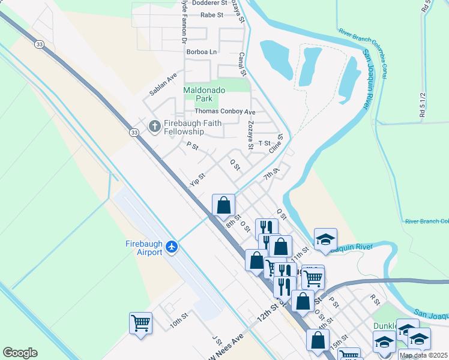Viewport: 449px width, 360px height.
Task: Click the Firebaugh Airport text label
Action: point(144,248)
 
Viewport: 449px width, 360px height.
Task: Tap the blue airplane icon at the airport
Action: point(172,247)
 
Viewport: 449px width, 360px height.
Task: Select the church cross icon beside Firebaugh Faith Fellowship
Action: point(154,126)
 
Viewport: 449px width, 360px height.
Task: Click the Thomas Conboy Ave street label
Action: point(224,112)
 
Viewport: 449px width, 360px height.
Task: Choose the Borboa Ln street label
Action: point(201,52)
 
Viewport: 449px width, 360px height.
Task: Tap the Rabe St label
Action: point(211,14)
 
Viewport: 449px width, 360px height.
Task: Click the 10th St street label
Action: point(178,323)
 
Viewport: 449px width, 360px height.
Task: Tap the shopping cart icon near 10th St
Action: point(141,323)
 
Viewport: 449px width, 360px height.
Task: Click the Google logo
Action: point(20,353)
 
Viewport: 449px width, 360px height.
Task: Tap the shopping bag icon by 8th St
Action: point(223,205)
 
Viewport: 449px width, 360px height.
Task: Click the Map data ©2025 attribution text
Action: point(423,355)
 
